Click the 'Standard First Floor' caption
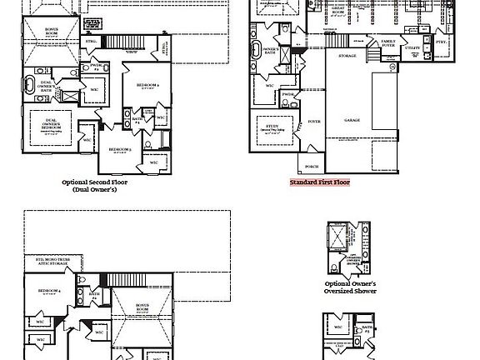320,182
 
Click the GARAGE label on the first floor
352,120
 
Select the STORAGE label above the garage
347,56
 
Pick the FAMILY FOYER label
388,42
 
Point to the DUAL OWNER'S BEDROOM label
49,123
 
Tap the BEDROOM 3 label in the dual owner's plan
121,149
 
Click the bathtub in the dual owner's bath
30,84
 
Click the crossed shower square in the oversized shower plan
337,236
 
